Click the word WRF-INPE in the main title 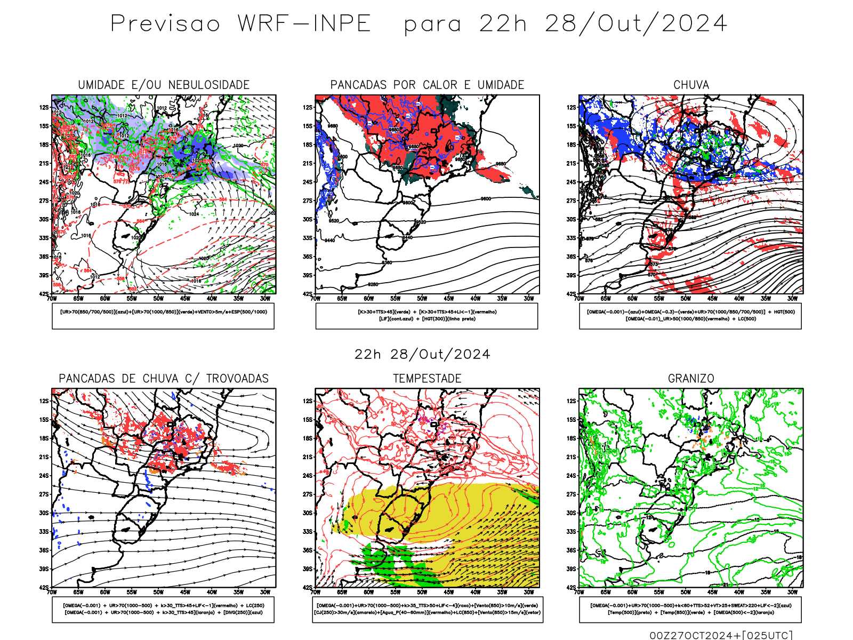(304, 24)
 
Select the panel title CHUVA (691, 85)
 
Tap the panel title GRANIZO (691, 379)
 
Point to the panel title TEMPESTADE (427, 379)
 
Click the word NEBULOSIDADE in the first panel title (209, 85)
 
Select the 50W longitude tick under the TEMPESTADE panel (422, 592)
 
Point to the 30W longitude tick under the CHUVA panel (793, 299)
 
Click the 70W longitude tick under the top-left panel (52, 299)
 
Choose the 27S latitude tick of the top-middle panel (308, 201)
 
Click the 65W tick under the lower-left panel (78, 592)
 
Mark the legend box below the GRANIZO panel (690, 609)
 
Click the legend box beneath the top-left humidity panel (163, 316)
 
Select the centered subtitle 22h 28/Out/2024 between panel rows (422, 355)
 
